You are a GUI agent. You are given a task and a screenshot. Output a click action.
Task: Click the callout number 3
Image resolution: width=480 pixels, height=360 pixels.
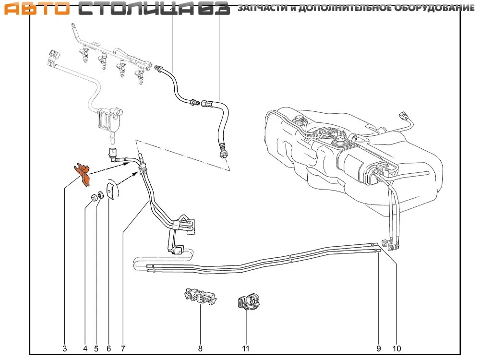pos(65,348)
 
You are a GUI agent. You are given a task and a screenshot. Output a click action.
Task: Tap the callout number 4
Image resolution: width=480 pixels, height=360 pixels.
pos(85,348)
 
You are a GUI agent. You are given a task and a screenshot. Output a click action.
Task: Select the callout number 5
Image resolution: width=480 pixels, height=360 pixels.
pos(96,348)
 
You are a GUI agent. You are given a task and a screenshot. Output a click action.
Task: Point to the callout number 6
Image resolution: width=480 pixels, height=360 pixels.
pos(109,348)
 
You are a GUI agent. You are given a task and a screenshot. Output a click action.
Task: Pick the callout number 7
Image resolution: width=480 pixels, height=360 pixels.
pos(123,348)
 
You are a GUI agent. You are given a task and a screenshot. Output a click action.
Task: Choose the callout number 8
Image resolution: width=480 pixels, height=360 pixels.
pos(200,348)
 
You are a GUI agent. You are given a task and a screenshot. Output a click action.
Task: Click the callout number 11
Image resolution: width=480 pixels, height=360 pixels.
pos(245,348)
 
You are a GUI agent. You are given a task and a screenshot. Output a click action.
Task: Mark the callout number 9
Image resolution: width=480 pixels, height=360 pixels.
pos(378,348)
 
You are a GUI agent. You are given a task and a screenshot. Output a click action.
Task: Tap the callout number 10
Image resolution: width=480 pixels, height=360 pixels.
pos(396,348)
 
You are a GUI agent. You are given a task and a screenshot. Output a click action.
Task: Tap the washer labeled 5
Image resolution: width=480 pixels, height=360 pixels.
pos(100,195)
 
